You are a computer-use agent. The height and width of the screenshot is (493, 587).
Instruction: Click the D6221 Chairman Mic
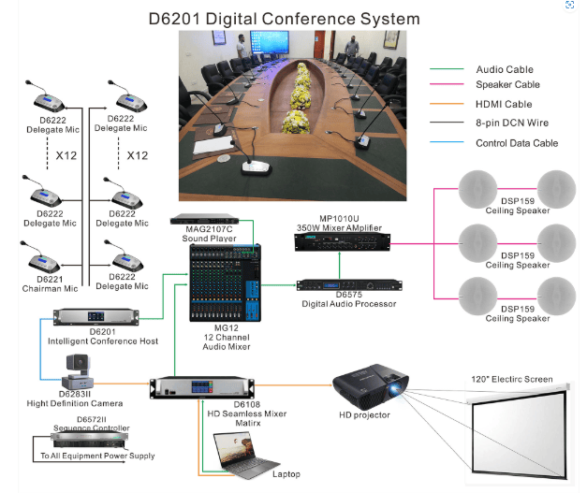coord(47,254)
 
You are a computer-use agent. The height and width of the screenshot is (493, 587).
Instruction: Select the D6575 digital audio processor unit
coord(337,285)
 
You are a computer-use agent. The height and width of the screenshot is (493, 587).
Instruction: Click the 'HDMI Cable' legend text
coord(504,105)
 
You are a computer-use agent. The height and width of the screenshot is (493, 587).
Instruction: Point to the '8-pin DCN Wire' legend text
coord(512,123)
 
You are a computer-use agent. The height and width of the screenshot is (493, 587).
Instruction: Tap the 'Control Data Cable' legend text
coord(517,143)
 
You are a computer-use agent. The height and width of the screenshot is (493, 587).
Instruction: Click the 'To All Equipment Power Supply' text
coord(97,457)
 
